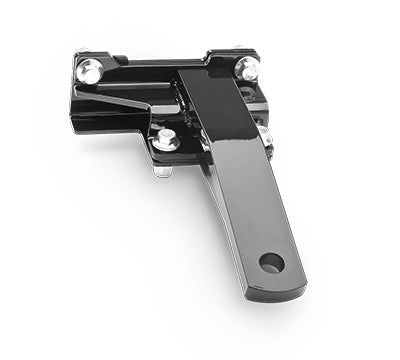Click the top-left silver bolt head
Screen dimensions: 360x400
click(89, 70)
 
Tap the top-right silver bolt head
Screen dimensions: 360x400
click(247, 68)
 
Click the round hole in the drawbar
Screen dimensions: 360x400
click(271, 264)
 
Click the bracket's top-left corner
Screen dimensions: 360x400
click(78, 56)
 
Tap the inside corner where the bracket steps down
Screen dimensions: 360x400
click(150, 125)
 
